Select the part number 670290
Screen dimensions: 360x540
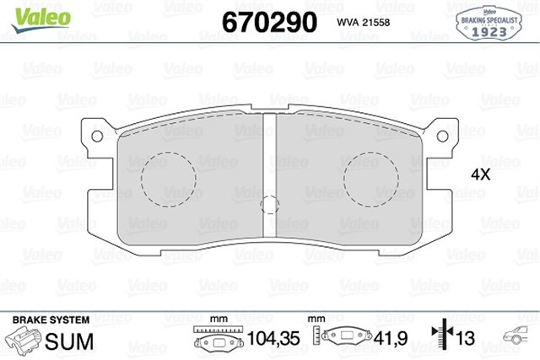pyautogui.click(x=267, y=20)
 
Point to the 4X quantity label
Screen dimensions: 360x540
pyautogui.click(x=480, y=175)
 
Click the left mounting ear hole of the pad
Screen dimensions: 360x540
pyautogui.click(x=98, y=135)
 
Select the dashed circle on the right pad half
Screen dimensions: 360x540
pyautogui.click(x=372, y=178)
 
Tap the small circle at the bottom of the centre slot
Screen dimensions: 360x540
pyautogui.click(x=270, y=205)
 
